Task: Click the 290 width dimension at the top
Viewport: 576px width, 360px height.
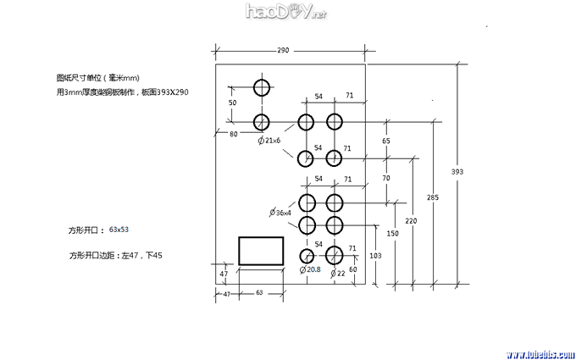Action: [x=283, y=51]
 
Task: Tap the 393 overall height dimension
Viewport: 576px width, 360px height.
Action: [x=457, y=172]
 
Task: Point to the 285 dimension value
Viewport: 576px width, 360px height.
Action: [x=433, y=197]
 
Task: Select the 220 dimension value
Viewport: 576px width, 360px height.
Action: [x=412, y=221]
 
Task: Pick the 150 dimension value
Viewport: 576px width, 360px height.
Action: [x=392, y=233]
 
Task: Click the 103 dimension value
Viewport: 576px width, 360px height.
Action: [x=376, y=254]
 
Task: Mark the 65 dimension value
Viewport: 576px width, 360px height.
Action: [x=386, y=141]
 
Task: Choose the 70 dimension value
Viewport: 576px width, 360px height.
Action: [x=386, y=179]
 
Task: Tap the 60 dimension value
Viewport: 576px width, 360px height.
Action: [x=353, y=269]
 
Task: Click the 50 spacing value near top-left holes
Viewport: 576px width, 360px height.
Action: [x=233, y=102]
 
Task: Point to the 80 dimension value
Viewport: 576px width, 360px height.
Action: [x=234, y=133]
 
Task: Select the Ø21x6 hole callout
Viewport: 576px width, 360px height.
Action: [x=269, y=140]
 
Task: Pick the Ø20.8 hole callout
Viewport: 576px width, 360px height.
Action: [x=310, y=269]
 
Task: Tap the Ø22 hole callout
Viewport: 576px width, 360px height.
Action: [x=339, y=273]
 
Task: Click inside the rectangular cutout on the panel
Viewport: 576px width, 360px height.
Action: [x=261, y=252]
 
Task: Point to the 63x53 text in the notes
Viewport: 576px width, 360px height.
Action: [x=119, y=230]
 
